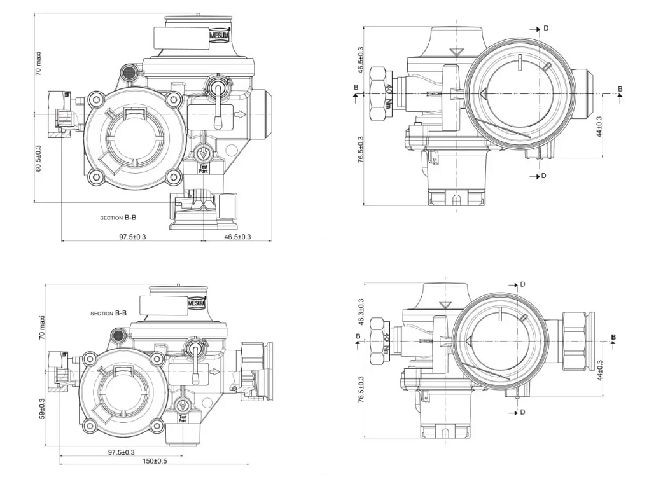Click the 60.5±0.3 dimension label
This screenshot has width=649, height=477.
pyautogui.click(x=38, y=158)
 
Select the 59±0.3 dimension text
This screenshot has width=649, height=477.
pyautogui.click(x=42, y=408)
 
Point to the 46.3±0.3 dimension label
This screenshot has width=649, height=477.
pyautogui.click(x=361, y=311)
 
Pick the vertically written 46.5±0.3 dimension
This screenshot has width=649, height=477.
pyautogui.click(x=361, y=59)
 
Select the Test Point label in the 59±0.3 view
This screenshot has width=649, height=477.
pyautogui.click(x=183, y=418)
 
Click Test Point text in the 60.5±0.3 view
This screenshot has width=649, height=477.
pyautogui.click(x=203, y=169)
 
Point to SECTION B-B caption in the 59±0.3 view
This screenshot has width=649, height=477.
pyautogui.click(x=108, y=314)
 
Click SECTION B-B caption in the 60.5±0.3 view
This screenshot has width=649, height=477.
pyautogui.click(x=118, y=218)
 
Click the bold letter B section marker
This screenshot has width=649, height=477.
pyautogui.click(x=613, y=337)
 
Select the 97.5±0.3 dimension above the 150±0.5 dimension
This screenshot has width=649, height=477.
pyautogui.click(x=120, y=452)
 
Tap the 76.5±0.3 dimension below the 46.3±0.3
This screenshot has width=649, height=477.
pyautogui.click(x=361, y=390)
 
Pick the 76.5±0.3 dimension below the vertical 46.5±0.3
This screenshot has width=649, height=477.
pyautogui.click(x=361, y=150)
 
